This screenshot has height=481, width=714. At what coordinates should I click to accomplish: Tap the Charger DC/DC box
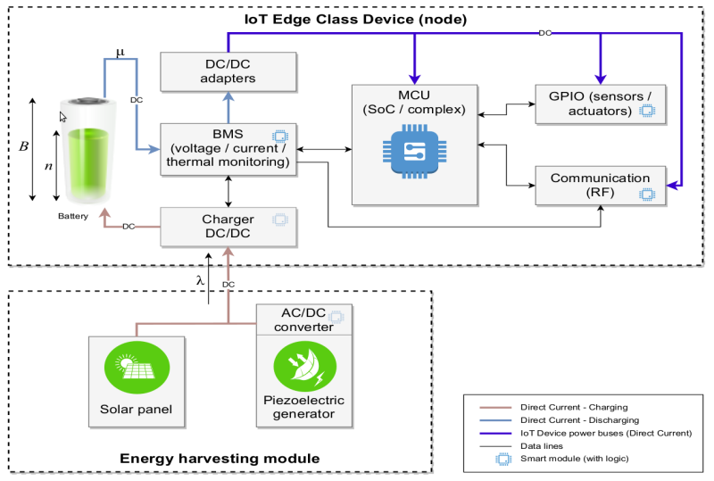(x=228, y=227)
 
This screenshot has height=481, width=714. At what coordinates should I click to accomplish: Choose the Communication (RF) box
(x=599, y=185)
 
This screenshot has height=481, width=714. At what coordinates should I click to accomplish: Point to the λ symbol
(x=200, y=280)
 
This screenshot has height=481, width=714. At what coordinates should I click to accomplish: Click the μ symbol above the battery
(x=120, y=53)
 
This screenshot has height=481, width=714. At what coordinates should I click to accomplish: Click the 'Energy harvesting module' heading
(x=220, y=459)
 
